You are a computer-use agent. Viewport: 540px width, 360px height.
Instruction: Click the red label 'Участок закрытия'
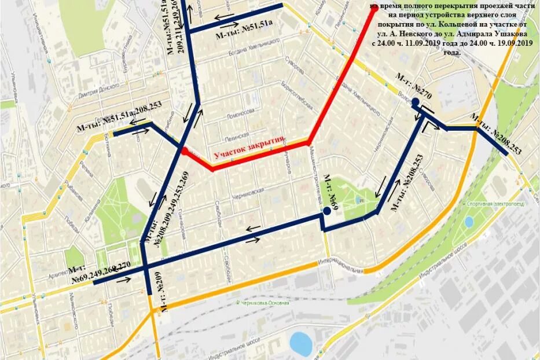coord(249,148)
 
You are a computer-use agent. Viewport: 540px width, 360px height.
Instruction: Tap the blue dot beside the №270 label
coord(416,102)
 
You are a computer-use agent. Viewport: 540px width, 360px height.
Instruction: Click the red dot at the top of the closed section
coord(374,8)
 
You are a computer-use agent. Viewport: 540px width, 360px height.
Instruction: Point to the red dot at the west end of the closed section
coord(183,150)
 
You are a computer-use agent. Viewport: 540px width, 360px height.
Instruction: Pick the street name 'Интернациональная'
coord(345,263)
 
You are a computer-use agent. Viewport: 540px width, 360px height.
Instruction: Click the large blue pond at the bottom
coord(301,343)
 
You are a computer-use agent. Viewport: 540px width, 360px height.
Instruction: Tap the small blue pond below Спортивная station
coord(469,221)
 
